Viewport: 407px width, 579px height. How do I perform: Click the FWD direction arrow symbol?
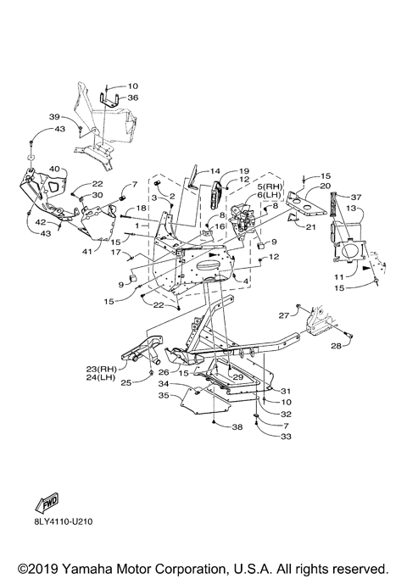[x=47, y=503]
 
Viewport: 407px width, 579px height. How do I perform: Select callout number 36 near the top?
[x=132, y=97]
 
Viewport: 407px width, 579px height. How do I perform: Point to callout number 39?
[x=54, y=117]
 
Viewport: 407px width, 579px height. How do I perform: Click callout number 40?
[x=54, y=169]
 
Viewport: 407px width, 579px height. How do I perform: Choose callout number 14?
[x=215, y=170]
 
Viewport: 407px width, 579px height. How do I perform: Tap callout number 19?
[x=244, y=170]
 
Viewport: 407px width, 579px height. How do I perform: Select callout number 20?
[x=326, y=186]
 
